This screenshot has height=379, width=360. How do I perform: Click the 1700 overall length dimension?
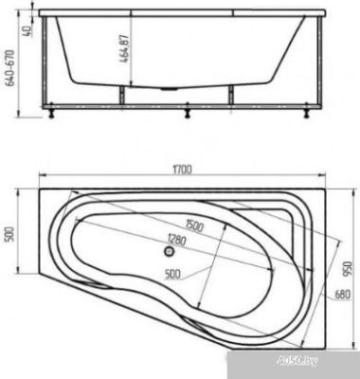click(x=182, y=170)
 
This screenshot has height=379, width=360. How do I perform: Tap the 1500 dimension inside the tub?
click(x=194, y=226)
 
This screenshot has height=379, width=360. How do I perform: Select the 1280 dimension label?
click(x=177, y=240)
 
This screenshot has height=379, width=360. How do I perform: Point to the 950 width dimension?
click(x=347, y=269)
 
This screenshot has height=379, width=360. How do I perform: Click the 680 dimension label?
click(x=342, y=295)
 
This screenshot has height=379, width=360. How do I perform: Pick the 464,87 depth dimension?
click(x=124, y=49)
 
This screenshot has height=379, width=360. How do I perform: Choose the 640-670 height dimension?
click(x=10, y=68)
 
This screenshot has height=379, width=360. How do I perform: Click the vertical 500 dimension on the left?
click(x=10, y=234)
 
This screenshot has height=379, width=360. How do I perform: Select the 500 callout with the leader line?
click(x=172, y=274)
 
